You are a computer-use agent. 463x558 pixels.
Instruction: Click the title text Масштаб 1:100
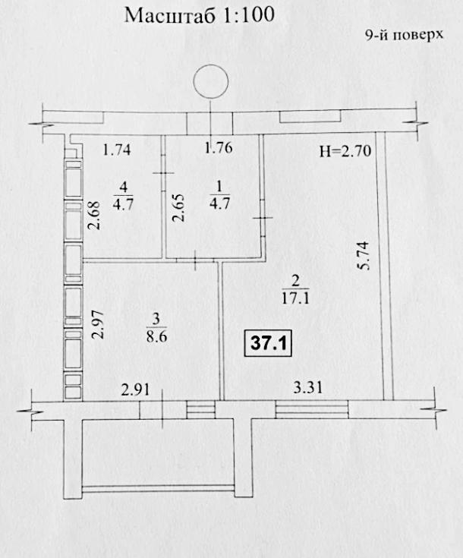[x=200, y=16]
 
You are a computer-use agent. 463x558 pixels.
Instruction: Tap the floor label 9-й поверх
[x=405, y=35]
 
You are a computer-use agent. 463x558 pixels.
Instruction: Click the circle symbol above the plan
[x=211, y=81]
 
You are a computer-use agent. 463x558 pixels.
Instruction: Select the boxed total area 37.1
[x=269, y=343]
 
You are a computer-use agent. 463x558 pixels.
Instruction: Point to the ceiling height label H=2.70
[x=345, y=151]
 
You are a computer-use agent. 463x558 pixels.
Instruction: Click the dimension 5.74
[x=365, y=256]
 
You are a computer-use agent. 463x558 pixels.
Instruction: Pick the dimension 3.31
[x=308, y=387]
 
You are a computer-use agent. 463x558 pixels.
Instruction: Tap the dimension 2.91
[x=135, y=390]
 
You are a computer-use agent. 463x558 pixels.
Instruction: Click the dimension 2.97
[x=96, y=324]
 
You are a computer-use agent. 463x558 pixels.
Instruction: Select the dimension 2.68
[x=94, y=216]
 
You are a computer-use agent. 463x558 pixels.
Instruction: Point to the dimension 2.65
[x=179, y=207]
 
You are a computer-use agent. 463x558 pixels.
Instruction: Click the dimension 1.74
[x=117, y=150]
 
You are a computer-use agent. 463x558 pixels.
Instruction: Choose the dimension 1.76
[x=219, y=148]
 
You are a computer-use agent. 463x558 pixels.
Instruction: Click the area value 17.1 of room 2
[x=295, y=298]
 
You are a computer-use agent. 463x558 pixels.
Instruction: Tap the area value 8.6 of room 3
[x=156, y=336]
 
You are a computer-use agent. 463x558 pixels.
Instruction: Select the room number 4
[x=123, y=187]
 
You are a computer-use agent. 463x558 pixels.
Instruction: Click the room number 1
[x=219, y=186]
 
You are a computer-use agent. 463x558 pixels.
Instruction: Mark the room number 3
[x=156, y=320]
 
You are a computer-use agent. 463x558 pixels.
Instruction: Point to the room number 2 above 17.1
[x=295, y=282]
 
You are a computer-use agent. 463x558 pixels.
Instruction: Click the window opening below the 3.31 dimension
[x=312, y=409]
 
